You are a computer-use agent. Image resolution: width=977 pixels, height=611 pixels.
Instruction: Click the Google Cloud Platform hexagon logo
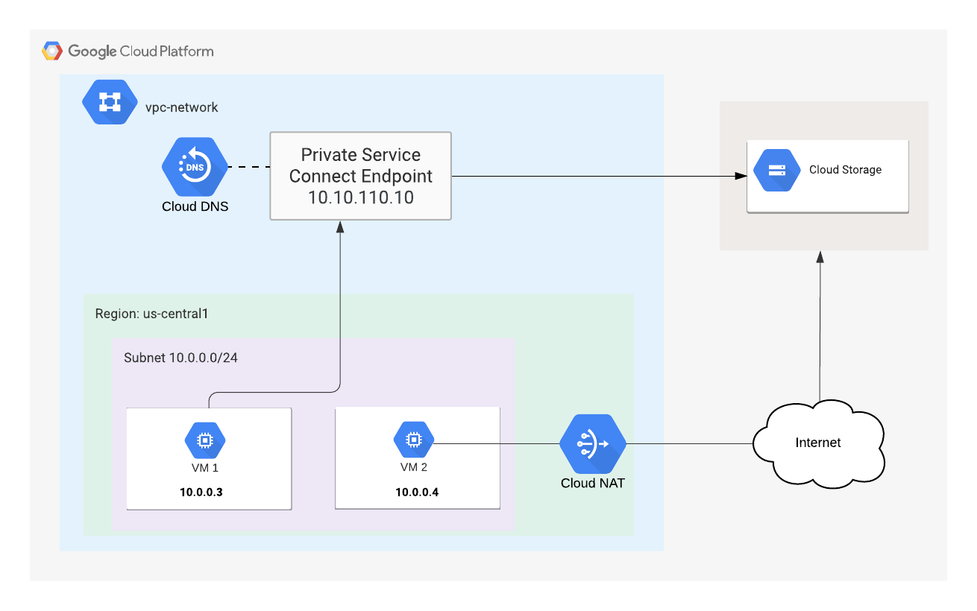pyautogui.click(x=52, y=51)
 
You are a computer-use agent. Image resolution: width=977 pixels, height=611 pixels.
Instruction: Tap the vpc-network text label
pyautogui.click(x=182, y=107)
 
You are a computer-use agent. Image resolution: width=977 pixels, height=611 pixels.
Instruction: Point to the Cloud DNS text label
pyautogui.click(x=195, y=206)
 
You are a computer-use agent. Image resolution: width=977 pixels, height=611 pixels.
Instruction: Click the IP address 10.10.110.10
pyautogui.click(x=360, y=197)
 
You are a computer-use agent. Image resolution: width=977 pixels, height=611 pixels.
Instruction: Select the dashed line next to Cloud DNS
pyautogui.click(x=248, y=166)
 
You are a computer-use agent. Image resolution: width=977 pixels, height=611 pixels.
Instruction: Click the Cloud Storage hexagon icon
pyautogui.click(x=776, y=170)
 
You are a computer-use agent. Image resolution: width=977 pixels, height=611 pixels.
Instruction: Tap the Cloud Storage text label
pyautogui.click(x=845, y=170)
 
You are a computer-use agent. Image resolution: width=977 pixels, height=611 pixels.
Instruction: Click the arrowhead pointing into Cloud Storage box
pyautogui.click(x=741, y=177)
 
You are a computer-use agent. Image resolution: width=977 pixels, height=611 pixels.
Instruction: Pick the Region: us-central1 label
pyautogui.click(x=151, y=314)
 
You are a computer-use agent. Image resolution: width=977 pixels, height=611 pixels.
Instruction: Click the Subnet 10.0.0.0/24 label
pyautogui.click(x=180, y=358)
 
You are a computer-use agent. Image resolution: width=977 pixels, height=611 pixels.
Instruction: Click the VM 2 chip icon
pyautogui.click(x=413, y=440)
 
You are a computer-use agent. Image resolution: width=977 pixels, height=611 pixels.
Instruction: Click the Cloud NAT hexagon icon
pyautogui.click(x=592, y=444)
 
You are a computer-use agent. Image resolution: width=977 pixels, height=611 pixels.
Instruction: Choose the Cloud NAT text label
pyautogui.click(x=592, y=484)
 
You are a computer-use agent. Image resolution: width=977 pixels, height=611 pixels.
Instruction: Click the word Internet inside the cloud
pyautogui.click(x=818, y=443)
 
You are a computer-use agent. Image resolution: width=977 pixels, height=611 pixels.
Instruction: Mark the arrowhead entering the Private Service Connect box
pyautogui.click(x=340, y=227)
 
